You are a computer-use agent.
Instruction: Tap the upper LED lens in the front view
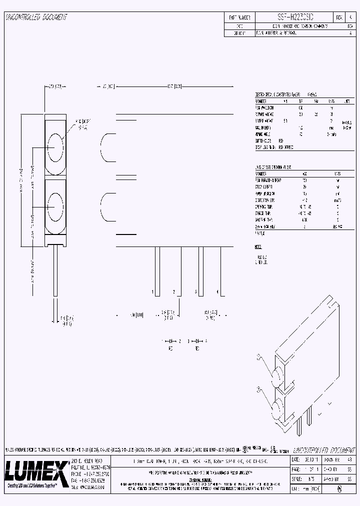pos(55,148)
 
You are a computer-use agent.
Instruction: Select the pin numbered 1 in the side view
pos(157,271)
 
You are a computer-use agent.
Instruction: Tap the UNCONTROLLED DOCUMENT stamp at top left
pos(36,17)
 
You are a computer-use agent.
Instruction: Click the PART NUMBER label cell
pos(239,16)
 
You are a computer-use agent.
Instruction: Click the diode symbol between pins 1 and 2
pos(170,340)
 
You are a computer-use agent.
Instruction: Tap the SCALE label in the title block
pos(296,478)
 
